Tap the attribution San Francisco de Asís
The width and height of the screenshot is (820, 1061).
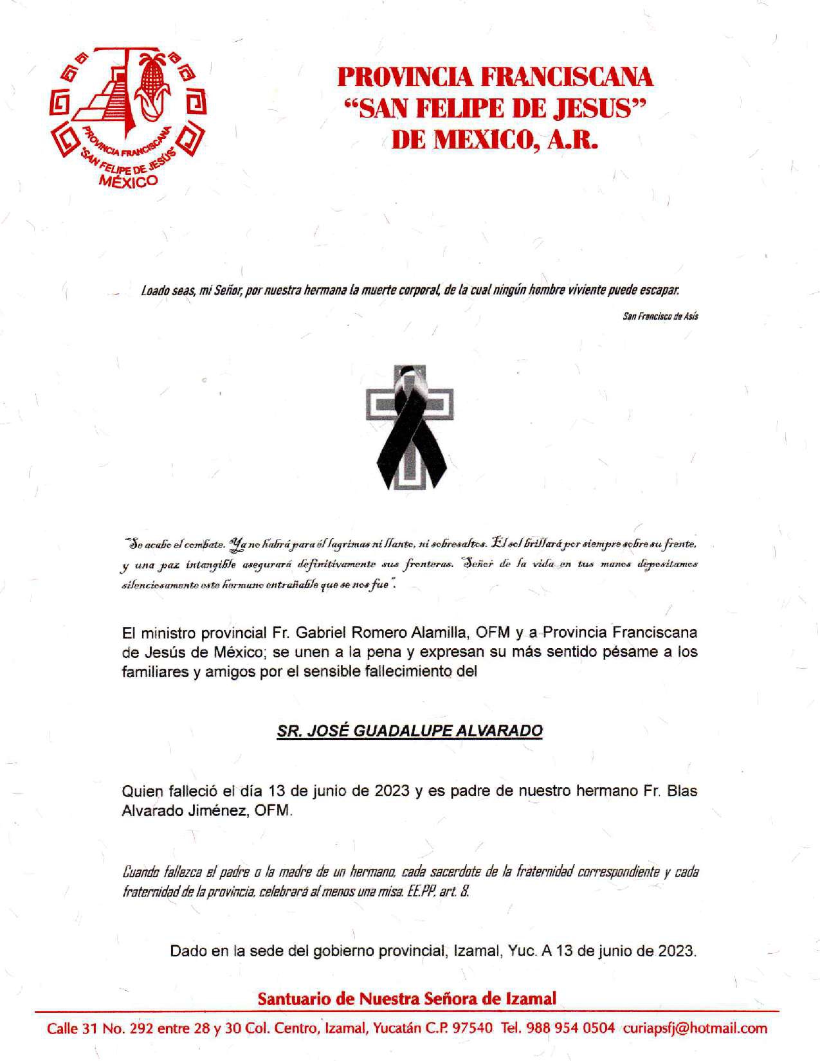[661, 316]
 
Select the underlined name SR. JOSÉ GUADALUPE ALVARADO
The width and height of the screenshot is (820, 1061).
[410, 730]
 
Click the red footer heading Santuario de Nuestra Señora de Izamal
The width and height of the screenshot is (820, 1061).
[406, 999]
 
